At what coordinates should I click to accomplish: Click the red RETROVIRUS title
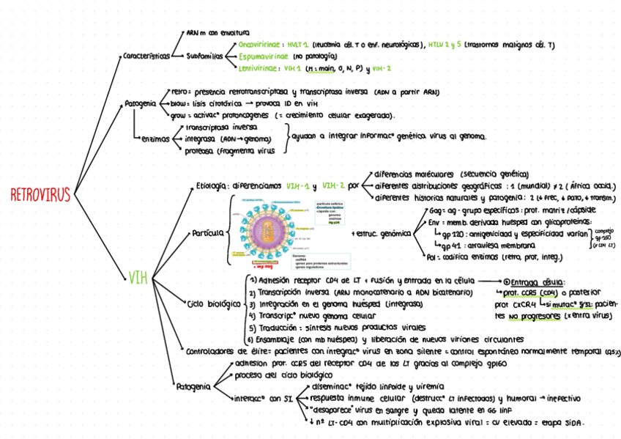40,195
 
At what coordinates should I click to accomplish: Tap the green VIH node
137,278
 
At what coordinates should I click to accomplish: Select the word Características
146,56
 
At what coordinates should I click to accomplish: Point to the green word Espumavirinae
264,56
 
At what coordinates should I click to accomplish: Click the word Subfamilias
207,56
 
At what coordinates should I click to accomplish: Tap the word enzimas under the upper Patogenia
155,139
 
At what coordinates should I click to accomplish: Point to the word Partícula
208,233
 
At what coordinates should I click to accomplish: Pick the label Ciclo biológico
215,303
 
